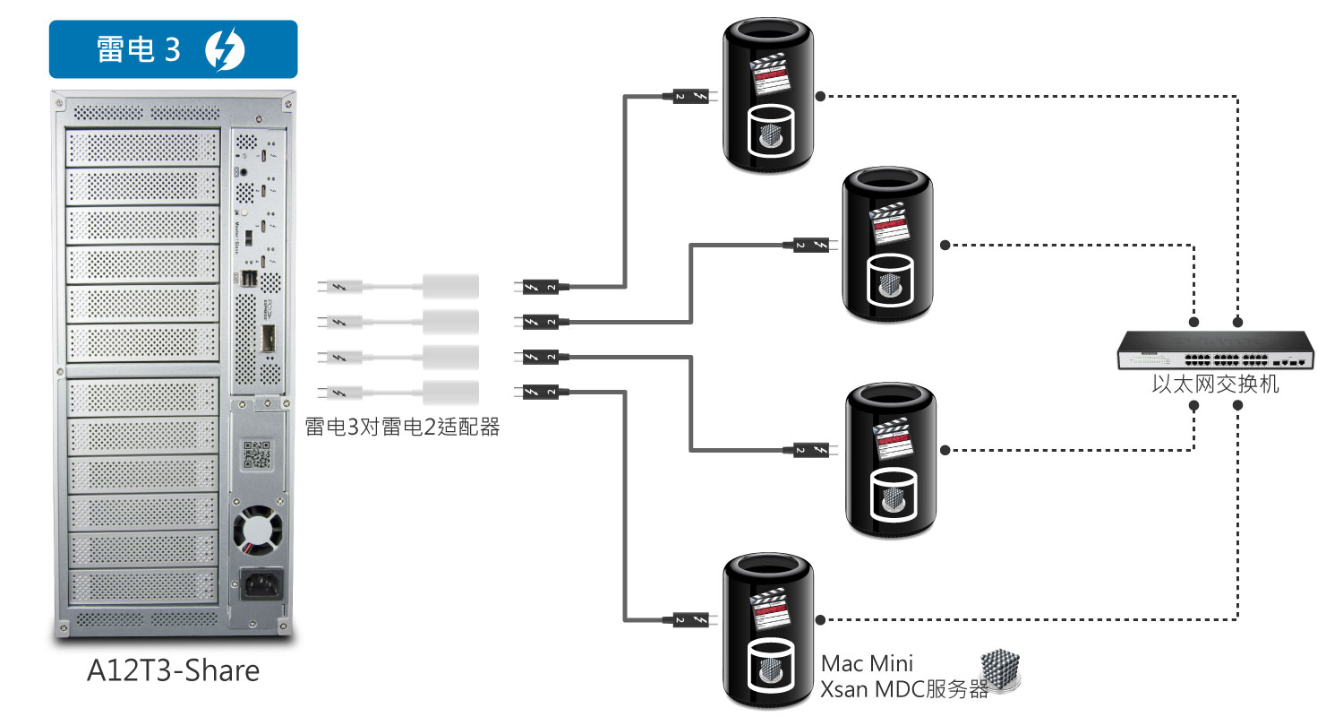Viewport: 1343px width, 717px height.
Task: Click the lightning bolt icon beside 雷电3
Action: (225, 50)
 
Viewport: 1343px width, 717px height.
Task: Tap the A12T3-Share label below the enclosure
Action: (173, 670)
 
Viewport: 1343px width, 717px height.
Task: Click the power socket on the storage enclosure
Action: (257, 588)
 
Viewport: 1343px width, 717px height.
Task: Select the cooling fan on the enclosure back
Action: (258, 532)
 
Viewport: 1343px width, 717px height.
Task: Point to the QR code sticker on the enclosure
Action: (258, 455)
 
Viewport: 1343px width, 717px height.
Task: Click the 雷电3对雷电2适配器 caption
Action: (402, 427)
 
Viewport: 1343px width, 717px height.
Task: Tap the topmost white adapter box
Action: (449, 287)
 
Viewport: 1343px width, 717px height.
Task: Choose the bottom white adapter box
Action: (449, 392)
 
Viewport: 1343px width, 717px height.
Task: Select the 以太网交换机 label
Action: (1215, 386)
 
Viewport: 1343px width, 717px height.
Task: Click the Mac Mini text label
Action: (868, 663)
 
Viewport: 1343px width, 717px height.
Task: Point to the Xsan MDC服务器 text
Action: (904, 689)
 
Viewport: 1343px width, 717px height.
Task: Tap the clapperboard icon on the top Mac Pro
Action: (771, 74)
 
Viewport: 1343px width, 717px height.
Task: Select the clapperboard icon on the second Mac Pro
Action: (890, 222)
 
